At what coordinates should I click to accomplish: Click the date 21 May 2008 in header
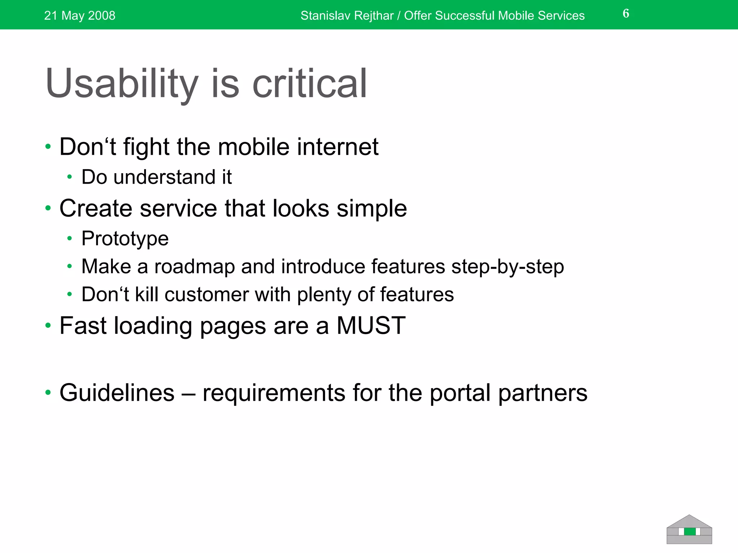(80, 15)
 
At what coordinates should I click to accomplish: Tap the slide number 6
(626, 14)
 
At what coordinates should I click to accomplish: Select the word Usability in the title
(122, 84)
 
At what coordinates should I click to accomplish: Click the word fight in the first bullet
(146, 147)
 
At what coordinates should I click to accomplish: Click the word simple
(372, 208)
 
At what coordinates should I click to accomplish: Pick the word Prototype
(125, 239)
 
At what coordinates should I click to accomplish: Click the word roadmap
(195, 267)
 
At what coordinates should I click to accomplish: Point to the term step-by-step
(507, 267)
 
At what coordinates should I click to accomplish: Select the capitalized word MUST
(371, 326)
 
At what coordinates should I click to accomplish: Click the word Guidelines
(117, 393)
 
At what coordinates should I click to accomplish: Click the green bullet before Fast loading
(48, 326)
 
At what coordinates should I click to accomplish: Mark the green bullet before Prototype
(70, 239)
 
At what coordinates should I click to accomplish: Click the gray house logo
(689, 529)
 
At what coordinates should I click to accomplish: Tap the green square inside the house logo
(690, 532)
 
